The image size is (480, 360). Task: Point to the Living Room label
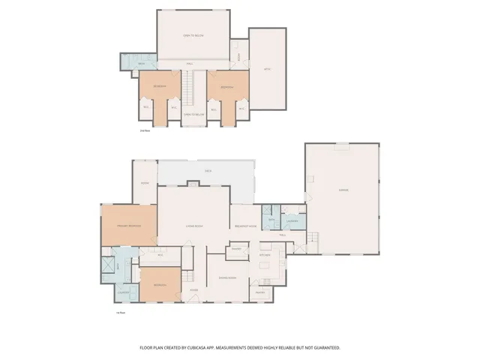click(x=195, y=226)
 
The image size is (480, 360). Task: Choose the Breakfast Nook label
click(x=247, y=226)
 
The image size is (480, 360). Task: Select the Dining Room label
click(x=227, y=277)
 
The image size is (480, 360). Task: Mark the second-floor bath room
click(x=141, y=64)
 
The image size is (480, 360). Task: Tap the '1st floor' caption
click(x=119, y=313)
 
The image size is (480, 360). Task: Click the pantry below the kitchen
click(x=260, y=292)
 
